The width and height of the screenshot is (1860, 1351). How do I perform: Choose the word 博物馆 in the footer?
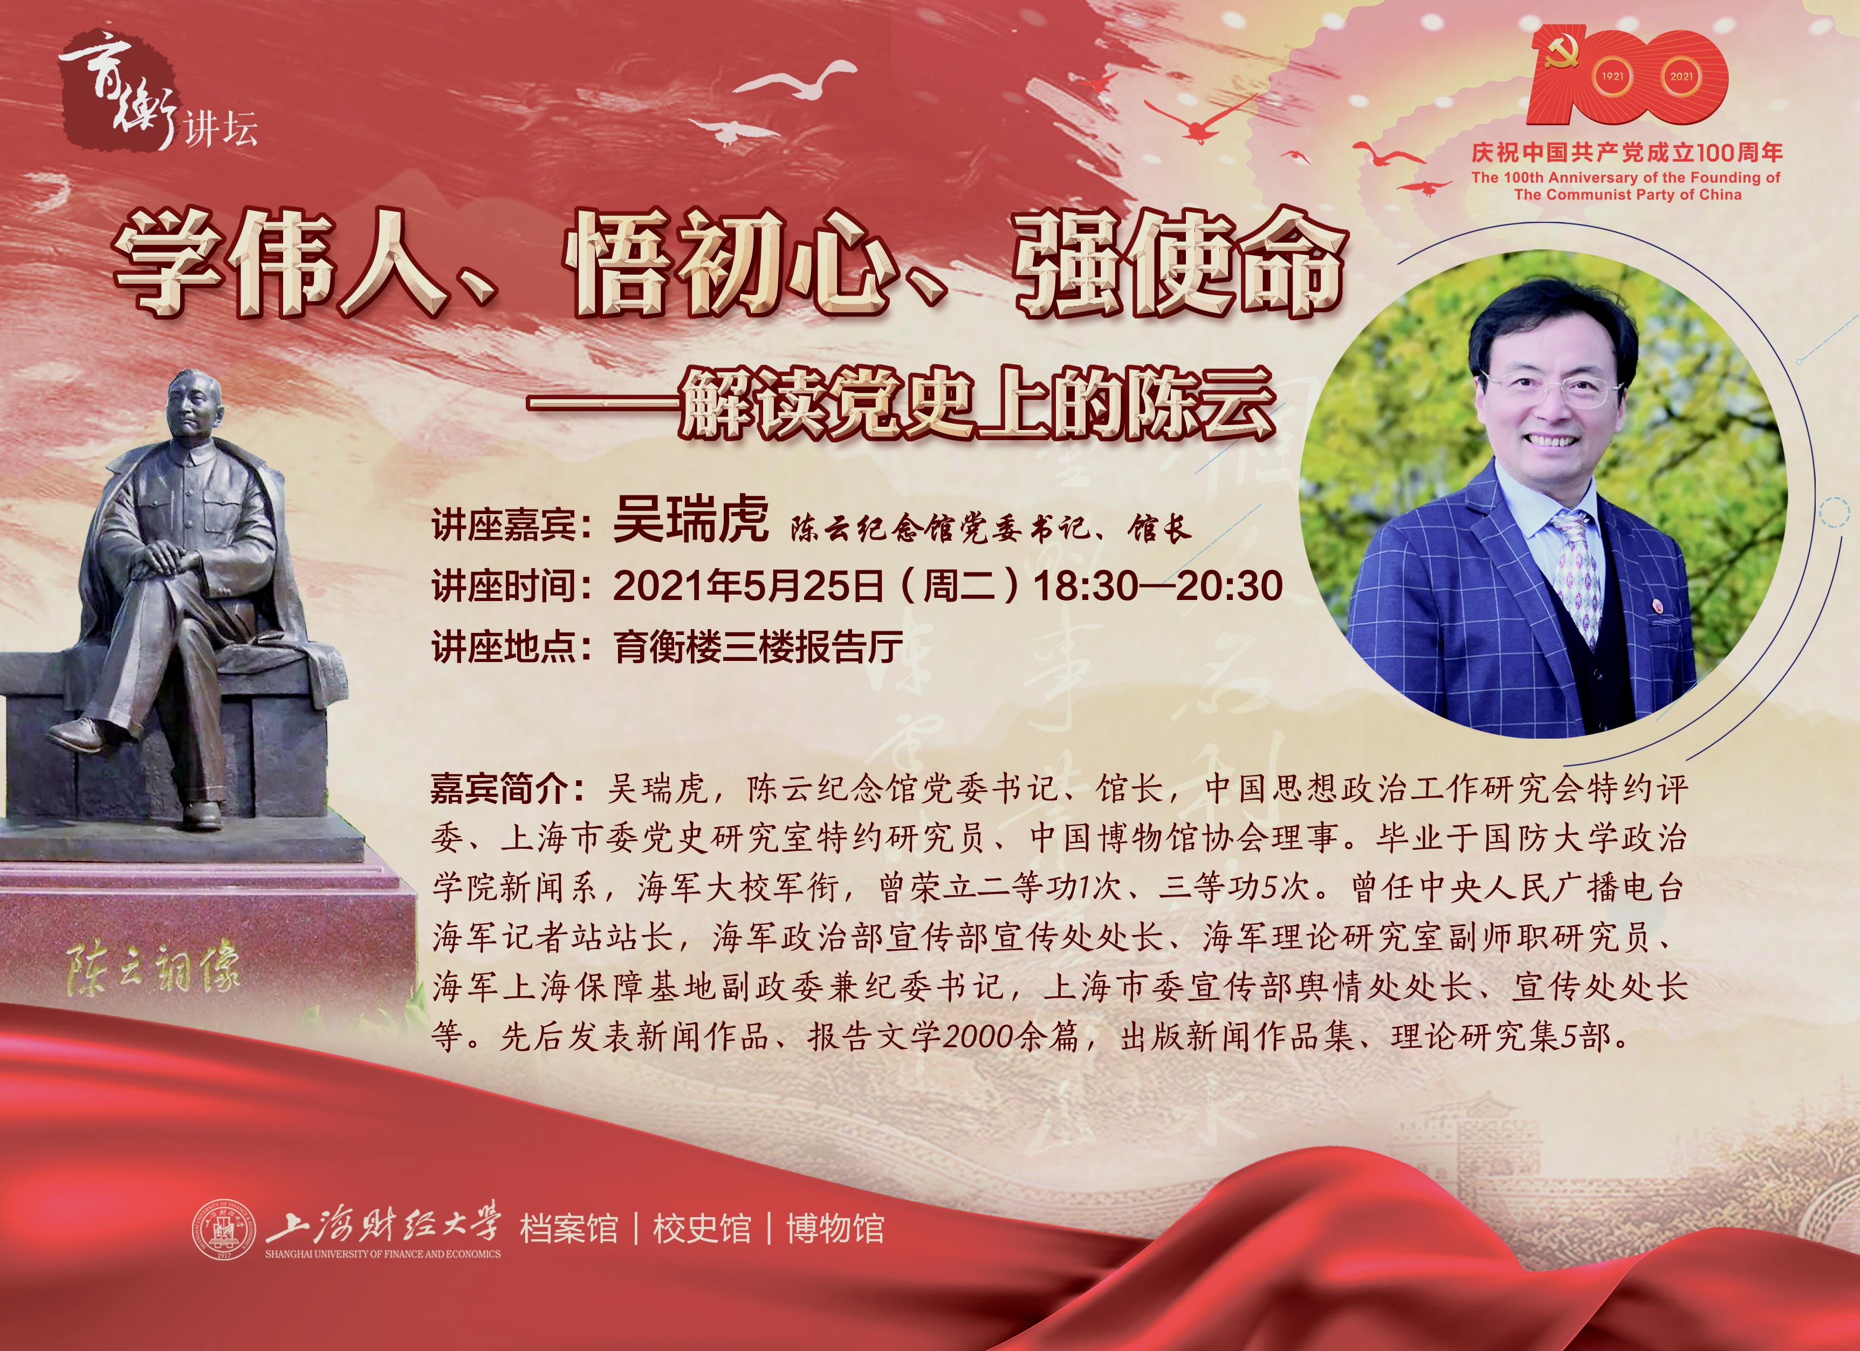tap(835, 1229)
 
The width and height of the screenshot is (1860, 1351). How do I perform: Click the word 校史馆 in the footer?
tap(702, 1229)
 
